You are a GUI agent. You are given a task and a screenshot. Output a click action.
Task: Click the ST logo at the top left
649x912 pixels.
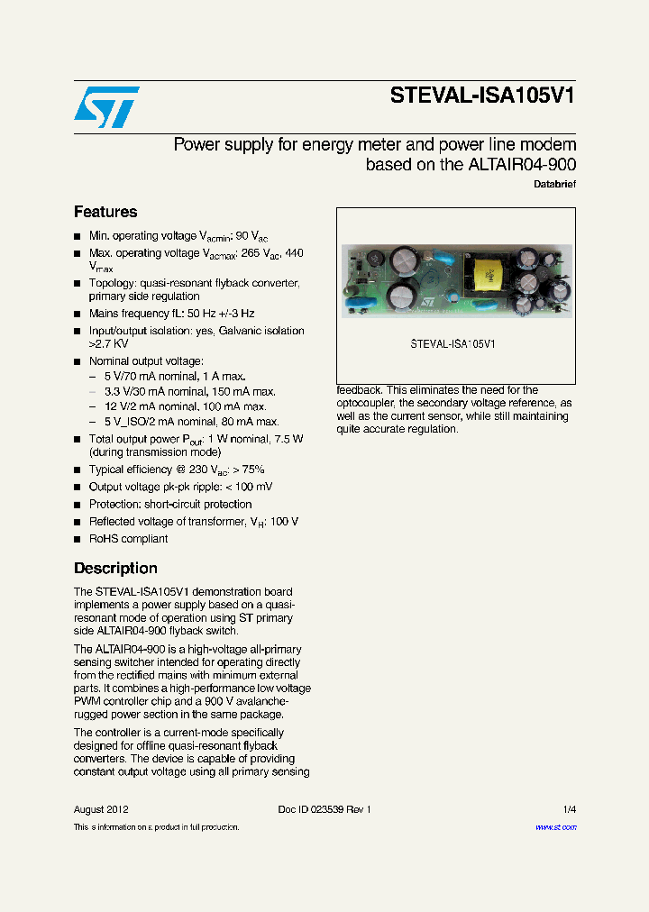click(x=106, y=106)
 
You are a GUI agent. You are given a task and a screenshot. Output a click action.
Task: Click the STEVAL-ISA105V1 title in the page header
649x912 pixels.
click(x=482, y=96)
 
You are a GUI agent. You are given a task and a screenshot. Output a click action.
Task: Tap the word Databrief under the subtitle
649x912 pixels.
click(x=555, y=184)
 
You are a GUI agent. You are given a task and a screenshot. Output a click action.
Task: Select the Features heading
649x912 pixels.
click(x=105, y=212)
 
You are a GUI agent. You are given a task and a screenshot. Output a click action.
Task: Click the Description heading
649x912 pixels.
click(x=115, y=568)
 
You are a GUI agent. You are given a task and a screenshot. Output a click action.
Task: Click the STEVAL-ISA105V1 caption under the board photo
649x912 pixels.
click(x=453, y=344)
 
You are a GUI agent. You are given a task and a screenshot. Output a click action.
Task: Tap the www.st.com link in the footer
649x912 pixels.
click(x=555, y=826)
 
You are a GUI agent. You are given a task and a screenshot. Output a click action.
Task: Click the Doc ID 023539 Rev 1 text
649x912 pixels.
click(x=324, y=809)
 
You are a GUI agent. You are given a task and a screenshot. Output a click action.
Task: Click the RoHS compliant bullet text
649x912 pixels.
click(x=128, y=539)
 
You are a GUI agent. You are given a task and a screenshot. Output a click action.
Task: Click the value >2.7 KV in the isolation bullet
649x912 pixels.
click(x=108, y=344)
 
